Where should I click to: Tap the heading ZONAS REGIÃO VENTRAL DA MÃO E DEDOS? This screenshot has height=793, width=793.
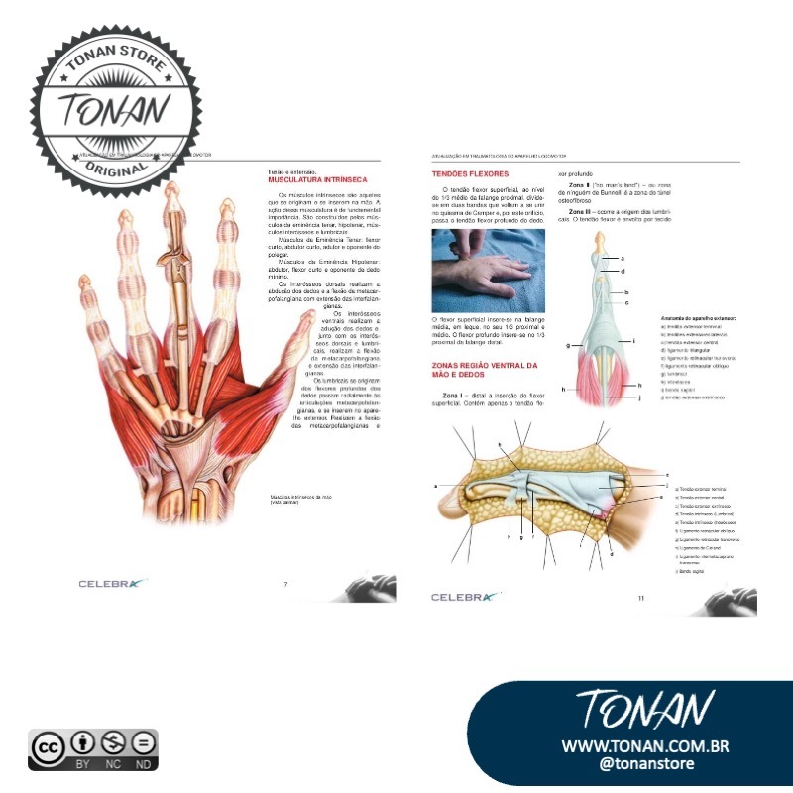[x=484, y=371]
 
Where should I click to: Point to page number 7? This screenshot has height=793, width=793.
[x=285, y=584]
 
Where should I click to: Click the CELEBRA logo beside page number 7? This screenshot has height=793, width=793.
[x=112, y=584]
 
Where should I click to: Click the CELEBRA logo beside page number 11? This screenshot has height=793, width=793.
[x=462, y=597]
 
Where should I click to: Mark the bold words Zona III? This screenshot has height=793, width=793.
[x=582, y=212]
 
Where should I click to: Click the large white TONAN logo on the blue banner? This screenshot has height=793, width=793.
[x=644, y=710]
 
